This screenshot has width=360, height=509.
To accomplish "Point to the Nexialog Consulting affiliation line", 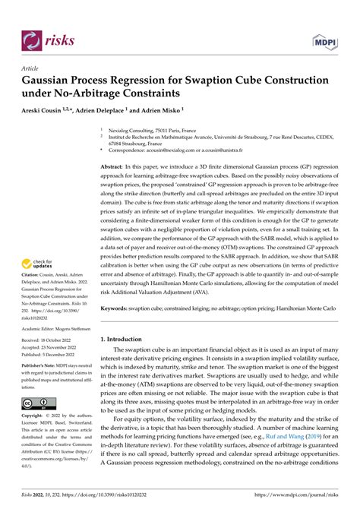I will [x=149, y=130].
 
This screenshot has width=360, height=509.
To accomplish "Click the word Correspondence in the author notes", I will [x=129, y=151].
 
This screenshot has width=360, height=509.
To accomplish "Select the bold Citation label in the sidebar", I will [x=33, y=263].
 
